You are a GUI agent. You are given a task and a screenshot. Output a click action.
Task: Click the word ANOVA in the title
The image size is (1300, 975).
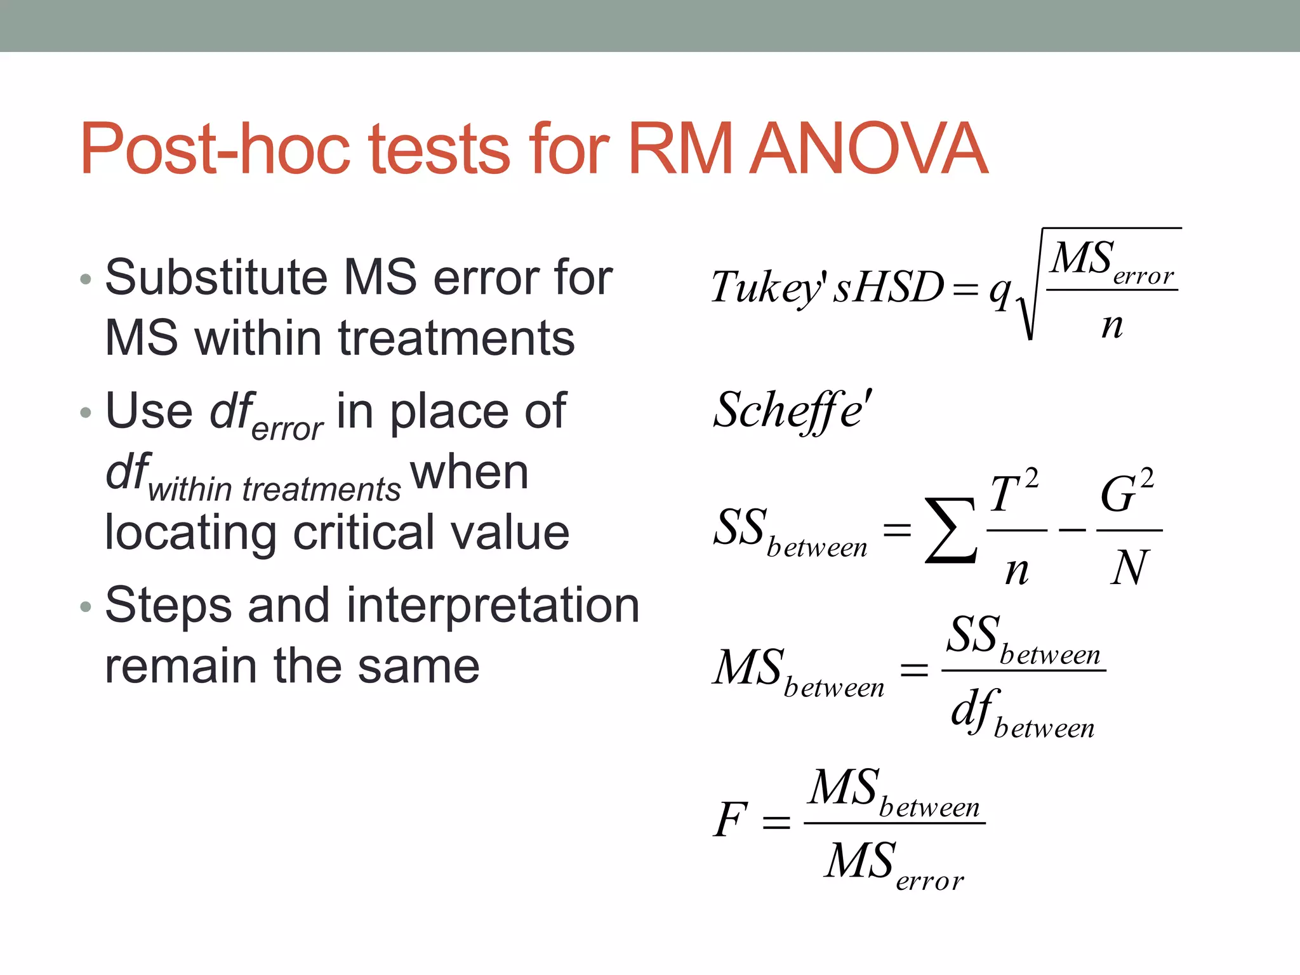click(x=868, y=149)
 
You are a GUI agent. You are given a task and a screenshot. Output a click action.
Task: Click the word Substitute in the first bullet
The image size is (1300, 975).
click(x=216, y=277)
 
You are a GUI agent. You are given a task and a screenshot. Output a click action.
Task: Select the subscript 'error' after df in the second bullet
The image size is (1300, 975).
click(x=288, y=429)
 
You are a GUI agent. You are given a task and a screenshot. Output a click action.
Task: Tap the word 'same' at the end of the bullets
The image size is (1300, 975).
click(x=419, y=666)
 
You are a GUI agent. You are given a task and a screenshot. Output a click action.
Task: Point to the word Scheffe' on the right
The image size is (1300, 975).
click(x=792, y=411)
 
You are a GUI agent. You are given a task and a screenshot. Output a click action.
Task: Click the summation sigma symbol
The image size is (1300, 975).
click(x=950, y=530)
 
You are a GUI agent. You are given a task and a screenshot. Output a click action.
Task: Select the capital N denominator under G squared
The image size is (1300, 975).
click(x=1130, y=567)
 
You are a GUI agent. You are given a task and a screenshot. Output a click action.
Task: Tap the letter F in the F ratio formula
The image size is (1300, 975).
click(x=730, y=819)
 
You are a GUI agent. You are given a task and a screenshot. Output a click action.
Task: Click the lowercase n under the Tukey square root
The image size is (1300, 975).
click(x=1112, y=326)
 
